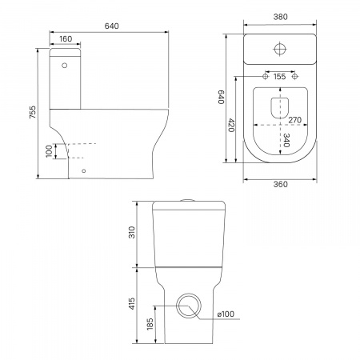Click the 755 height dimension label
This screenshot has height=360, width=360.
pos(32,112)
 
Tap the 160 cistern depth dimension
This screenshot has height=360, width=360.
pos(66,39)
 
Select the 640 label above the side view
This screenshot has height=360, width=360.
pos(111,26)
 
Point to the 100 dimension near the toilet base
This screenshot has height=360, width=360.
pos(49,151)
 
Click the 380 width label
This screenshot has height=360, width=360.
pos(281,17)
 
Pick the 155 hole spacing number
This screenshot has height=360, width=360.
pos(279,77)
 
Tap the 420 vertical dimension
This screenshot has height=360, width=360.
pos(231,126)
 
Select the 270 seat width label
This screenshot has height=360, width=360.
pos(295,120)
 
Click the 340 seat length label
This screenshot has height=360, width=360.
pos(286,140)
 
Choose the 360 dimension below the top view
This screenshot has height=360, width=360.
pos(281,184)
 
